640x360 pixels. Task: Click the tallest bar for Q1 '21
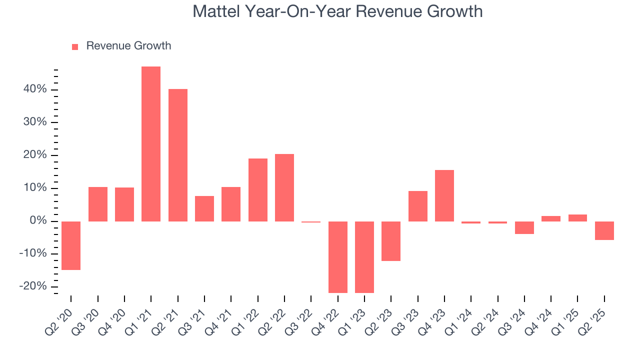coord(151,144)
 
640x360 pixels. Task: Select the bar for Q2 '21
coord(177,155)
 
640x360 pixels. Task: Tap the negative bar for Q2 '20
coord(71,245)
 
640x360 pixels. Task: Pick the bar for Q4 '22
coord(337,257)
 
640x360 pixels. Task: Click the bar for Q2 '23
coord(391,241)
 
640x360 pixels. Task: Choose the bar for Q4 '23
coord(444,195)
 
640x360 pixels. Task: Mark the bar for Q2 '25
coord(604,230)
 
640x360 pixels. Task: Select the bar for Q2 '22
coord(284,187)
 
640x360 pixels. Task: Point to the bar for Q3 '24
coord(524,227)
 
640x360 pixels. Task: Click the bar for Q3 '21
coord(204,208)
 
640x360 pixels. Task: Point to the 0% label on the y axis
coord(38,221)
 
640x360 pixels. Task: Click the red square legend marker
coord(75,46)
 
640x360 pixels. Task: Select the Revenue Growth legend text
coord(128,46)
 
